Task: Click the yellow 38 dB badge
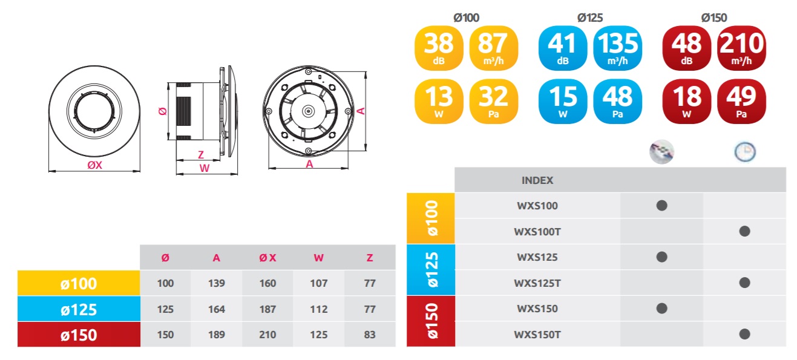[x=439, y=48]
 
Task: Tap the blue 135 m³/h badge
[x=618, y=48]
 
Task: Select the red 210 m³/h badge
[x=741, y=48]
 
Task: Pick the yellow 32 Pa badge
[x=493, y=102]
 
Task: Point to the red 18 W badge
[x=686, y=102]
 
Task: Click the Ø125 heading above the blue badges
[x=590, y=18]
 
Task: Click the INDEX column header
[x=537, y=180]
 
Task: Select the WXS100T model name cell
[x=537, y=232]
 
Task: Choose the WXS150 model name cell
[x=537, y=309]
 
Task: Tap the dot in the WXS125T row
[x=745, y=283]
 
